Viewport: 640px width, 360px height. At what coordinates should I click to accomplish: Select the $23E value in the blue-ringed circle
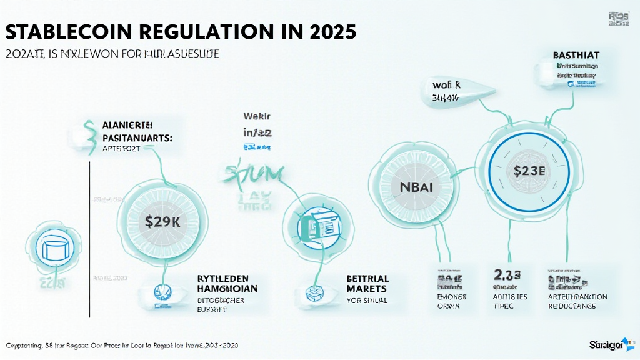(x=530, y=169)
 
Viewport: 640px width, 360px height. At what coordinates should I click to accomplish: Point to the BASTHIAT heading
(x=576, y=55)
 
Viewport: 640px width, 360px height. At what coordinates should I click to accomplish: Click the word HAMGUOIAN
(x=224, y=289)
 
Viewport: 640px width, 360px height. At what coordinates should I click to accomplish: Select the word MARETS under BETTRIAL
(x=366, y=289)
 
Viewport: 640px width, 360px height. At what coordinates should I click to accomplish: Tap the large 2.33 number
(x=506, y=275)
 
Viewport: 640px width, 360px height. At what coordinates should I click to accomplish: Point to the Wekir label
(x=255, y=116)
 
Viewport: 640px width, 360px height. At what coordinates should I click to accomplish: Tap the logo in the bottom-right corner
(x=611, y=344)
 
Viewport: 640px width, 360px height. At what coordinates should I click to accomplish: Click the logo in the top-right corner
(x=619, y=17)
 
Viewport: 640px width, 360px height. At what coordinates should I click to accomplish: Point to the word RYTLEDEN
(x=222, y=278)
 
